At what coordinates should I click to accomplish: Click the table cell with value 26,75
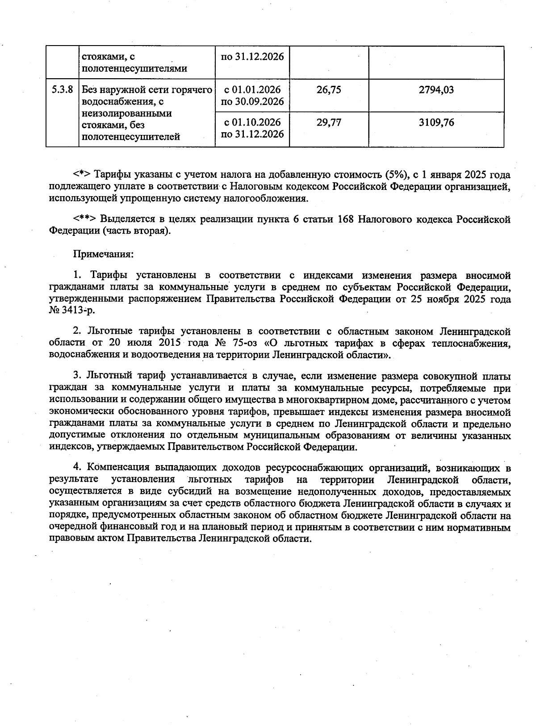pyautogui.click(x=329, y=90)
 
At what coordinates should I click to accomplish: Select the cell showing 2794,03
pyautogui.click(x=436, y=90)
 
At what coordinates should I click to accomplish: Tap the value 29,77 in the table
pyautogui.click(x=329, y=122)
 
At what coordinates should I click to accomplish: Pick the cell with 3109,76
pyautogui.click(x=436, y=122)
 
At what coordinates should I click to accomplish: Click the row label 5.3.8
pyautogui.click(x=62, y=90)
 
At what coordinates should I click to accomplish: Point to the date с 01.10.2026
pyautogui.click(x=252, y=122)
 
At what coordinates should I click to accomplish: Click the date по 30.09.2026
pyautogui.click(x=252, y=102)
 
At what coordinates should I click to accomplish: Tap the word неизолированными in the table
pyautogui.click(x=126, y=113)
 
